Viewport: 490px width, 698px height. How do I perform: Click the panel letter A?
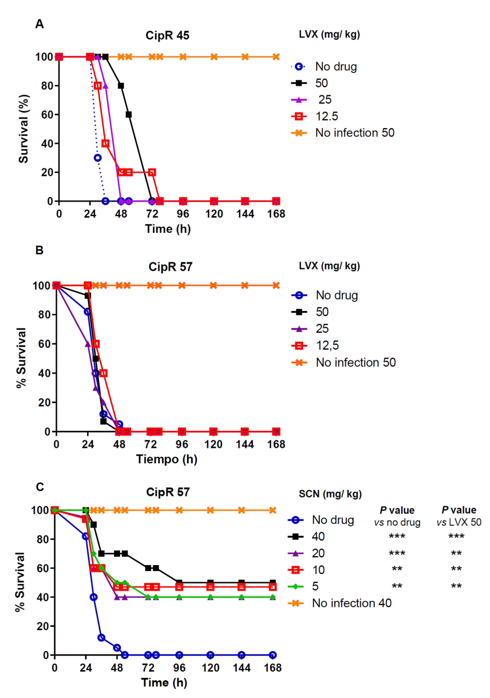pos(40,24)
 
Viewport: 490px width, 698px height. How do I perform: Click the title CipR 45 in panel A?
pos(167,36)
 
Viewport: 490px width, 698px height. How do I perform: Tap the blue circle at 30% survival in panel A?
pos(97,158)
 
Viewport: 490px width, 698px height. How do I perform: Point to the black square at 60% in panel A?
pos(129,115)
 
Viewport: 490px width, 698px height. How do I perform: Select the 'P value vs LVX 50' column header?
pos(459,516)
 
